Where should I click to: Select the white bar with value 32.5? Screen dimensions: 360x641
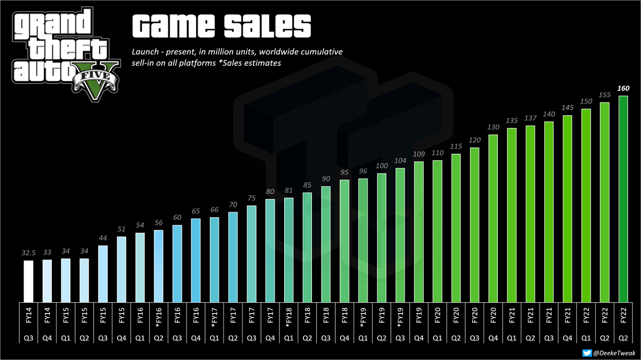click(28, 280)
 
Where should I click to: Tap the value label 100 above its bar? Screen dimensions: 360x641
click(381, 166)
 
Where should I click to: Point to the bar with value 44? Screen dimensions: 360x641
click(103, 273)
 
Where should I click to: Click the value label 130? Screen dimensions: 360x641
click(493, 127)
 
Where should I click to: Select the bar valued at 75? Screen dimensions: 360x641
click(252, 253)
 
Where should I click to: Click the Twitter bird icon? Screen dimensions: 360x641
click(587, 353)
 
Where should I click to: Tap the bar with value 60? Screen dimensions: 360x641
click(177, 263)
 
